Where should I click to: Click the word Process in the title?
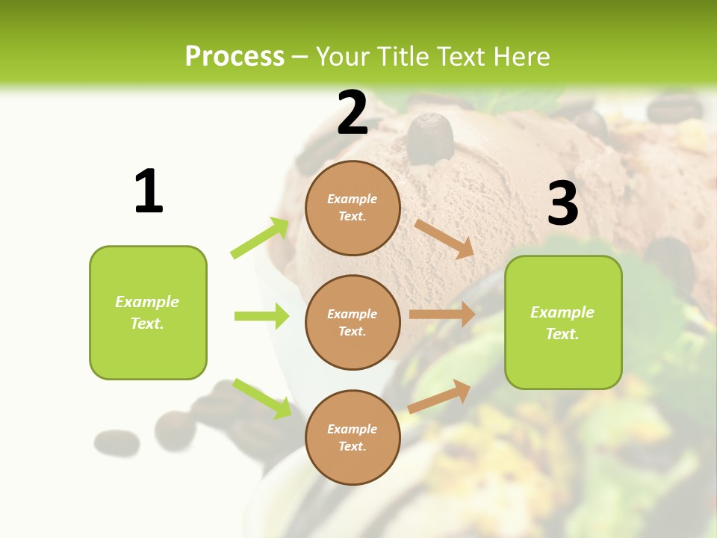click(x=235, y=57)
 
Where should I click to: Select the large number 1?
click(x=149, y=192)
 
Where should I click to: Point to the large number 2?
click(x=353, y=113)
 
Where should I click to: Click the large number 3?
click(x=563, y=203)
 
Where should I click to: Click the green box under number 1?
click(x=148, y=312)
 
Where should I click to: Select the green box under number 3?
click(x=563, y=322)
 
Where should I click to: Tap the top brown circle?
click(x=353, y=208)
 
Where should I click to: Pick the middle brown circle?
click(x=353, y=322)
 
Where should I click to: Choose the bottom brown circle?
click(x=353, y=437)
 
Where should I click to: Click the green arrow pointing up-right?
click(x=260, y=238)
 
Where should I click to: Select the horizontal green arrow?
click(x=261, y=316)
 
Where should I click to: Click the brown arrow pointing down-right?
click(x=444, y=238)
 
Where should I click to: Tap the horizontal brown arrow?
click(x=442, y=315)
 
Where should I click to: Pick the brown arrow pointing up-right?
click(x=439, y=397)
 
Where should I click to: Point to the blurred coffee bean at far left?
click(x=117, y=442)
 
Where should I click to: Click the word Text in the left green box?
click(x=147, y=324)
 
